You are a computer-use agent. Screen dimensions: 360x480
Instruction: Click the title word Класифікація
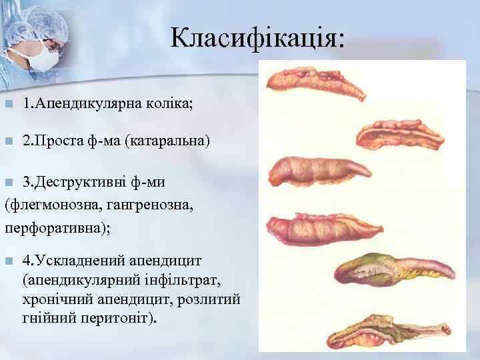256,39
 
